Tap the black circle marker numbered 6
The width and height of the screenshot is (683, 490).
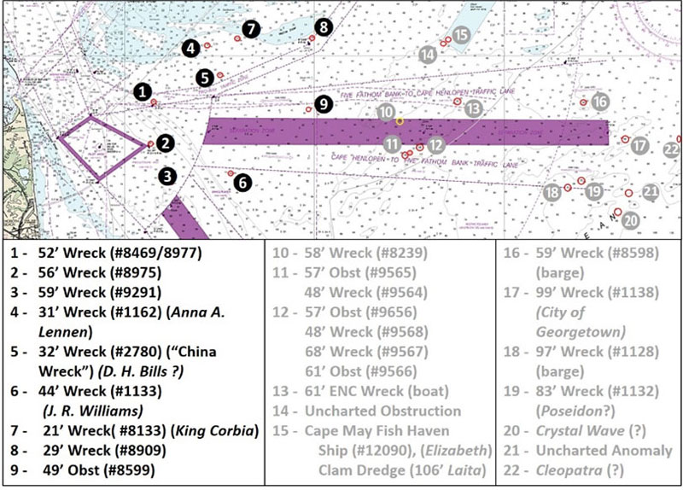point(243,182)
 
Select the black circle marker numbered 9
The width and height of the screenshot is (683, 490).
point(322,104)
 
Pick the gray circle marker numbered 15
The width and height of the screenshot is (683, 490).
point(461,35)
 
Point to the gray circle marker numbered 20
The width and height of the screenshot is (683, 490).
point(630,219)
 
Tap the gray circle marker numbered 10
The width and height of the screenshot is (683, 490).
point(386,113)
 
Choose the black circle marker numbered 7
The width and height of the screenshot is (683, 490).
point(249,28)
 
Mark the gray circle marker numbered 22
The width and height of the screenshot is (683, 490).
point(670,150)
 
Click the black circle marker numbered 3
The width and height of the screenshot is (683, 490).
point(169,177)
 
